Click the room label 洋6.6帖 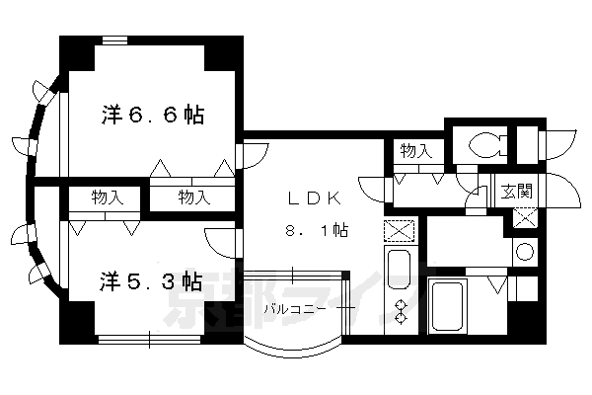[x=152, y=116]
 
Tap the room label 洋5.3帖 [x=151, y=280]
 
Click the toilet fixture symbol [x=486, y=146]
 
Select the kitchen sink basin [x=398, y=269]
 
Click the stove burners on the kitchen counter [x=400, y=310]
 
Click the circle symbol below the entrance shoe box [x=524, y=251]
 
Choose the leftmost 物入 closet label [x=108, y=197]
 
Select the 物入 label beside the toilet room [x=415, y=150]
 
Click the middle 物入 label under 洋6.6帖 [x=194, y=197]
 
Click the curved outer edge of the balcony [x=292, y=351]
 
